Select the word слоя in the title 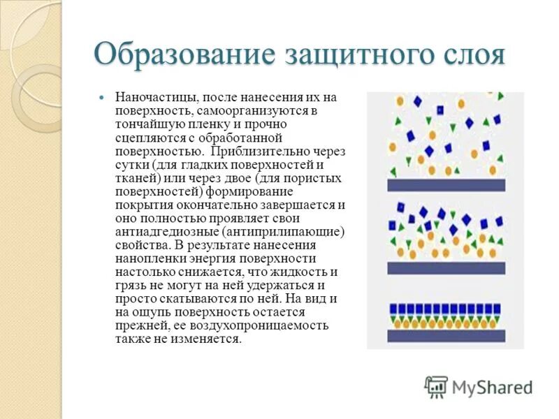[x=465, y=54]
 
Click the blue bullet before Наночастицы [x=101, y=97]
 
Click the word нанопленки [x=145, y=258]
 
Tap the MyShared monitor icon [x=436, y=386]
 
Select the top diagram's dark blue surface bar [x=446, y=185]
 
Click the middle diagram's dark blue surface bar [x=446, y=267]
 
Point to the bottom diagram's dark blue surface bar [x=446, y=336]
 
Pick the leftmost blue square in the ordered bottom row [x=393, y=308]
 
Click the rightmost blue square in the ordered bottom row [x=501, y=308]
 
